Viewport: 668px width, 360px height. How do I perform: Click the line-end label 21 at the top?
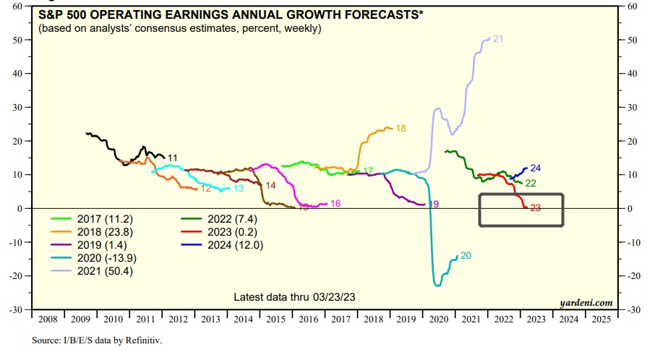(497, 38)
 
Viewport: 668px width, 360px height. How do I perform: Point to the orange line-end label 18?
(401, 128)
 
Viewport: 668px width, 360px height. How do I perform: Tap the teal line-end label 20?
(466, 256)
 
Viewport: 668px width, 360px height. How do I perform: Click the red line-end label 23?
(536, 208)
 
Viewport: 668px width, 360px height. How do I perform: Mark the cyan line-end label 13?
(239, 189)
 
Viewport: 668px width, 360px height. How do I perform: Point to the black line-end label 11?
(172, 157)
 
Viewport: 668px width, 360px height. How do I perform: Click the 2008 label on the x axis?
(48, 319)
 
